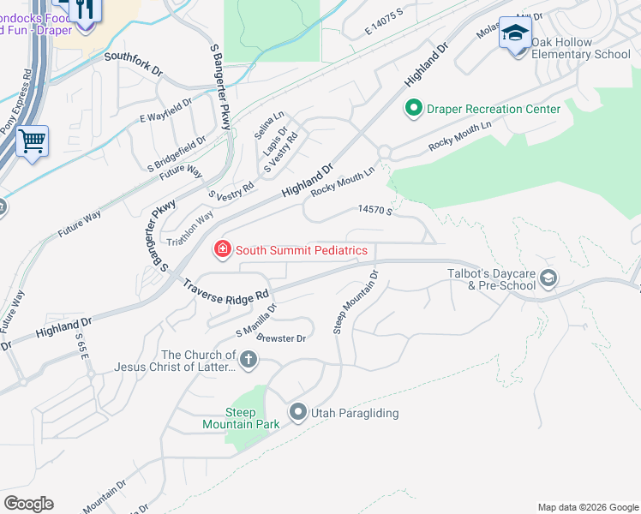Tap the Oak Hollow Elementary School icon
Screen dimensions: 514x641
(514, 34)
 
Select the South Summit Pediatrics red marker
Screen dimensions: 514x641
(223, 250)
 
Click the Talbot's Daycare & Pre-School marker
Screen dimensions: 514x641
(548, 278)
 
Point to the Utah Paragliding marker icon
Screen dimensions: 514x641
(298, 413)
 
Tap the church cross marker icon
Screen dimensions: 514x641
(248, 360)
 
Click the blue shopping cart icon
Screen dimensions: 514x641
(32, 141)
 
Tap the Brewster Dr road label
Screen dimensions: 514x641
(283, 338)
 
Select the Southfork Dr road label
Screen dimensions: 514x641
(133, 63)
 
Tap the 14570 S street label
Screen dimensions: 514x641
(374, 210)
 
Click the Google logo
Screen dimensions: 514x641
(28, 503)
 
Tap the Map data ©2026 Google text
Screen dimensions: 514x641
(587, 507)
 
